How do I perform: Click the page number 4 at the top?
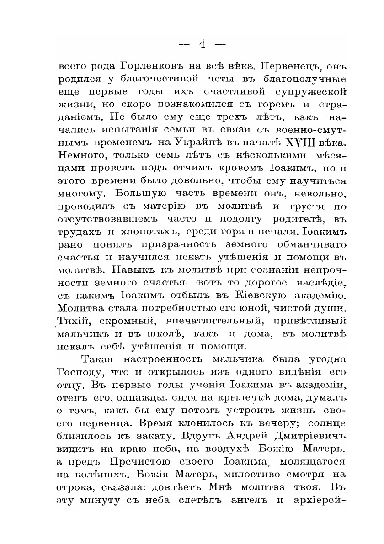click(202, 44)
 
